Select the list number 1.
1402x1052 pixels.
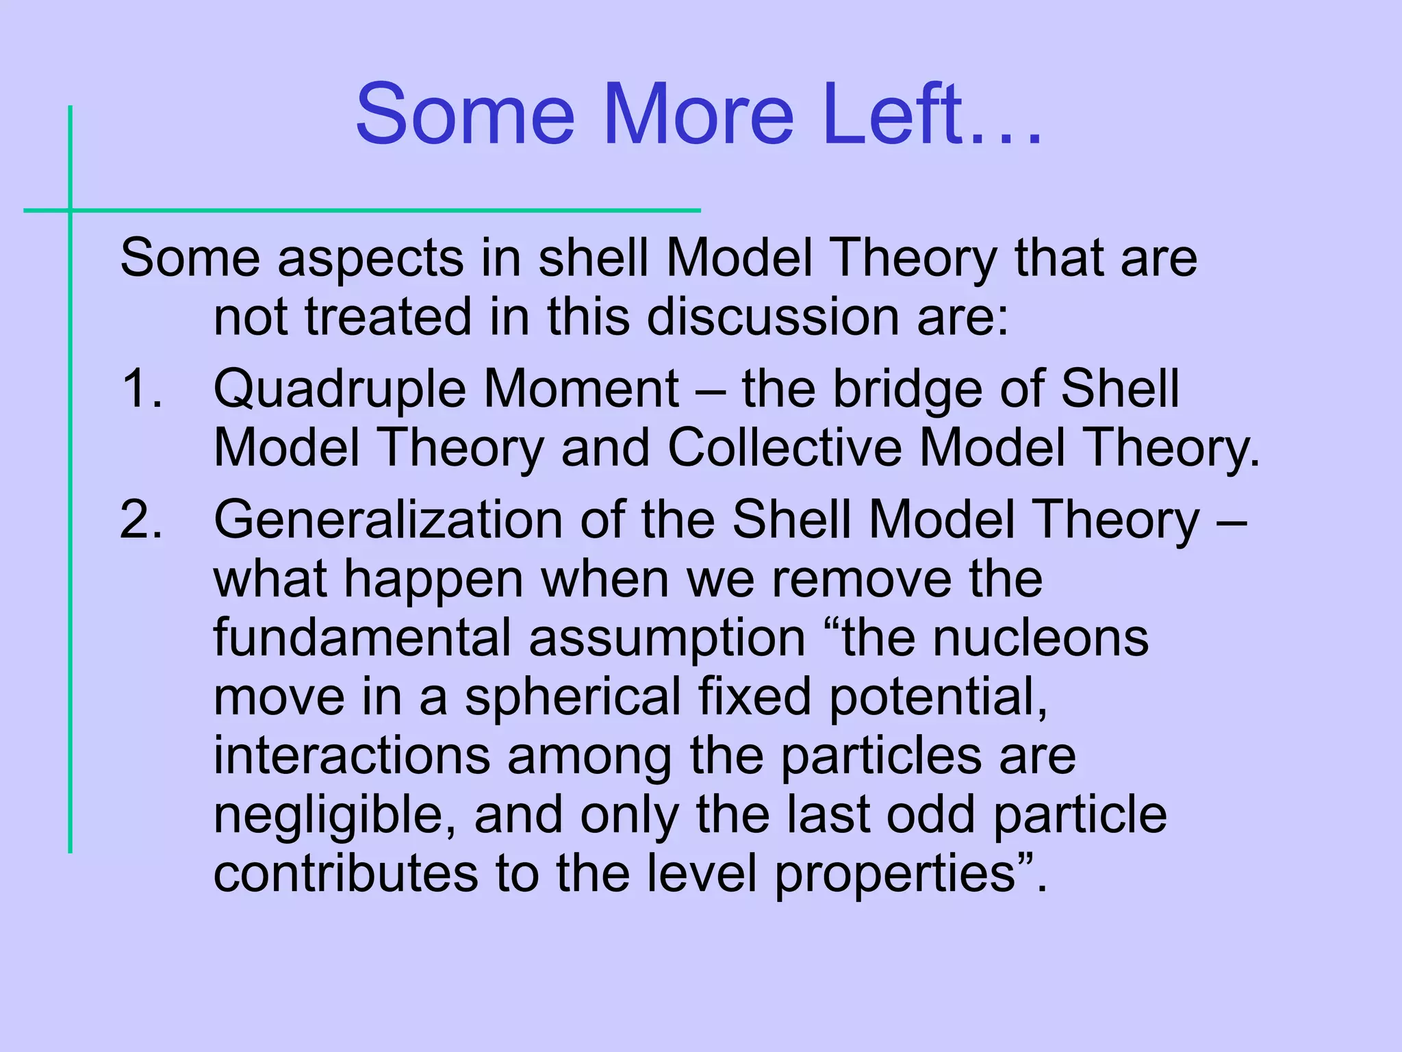coord(140,388)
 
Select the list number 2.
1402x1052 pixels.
coord(140,520)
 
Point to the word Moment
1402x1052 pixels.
coord(581,388)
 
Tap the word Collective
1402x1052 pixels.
coord(784,448)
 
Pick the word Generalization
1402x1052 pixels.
coord(387,520)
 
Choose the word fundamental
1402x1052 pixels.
coord(362,638)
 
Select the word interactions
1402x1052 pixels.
coord(352,756)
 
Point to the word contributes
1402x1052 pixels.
coord(346,874)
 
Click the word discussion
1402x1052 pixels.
coord(773,317)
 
